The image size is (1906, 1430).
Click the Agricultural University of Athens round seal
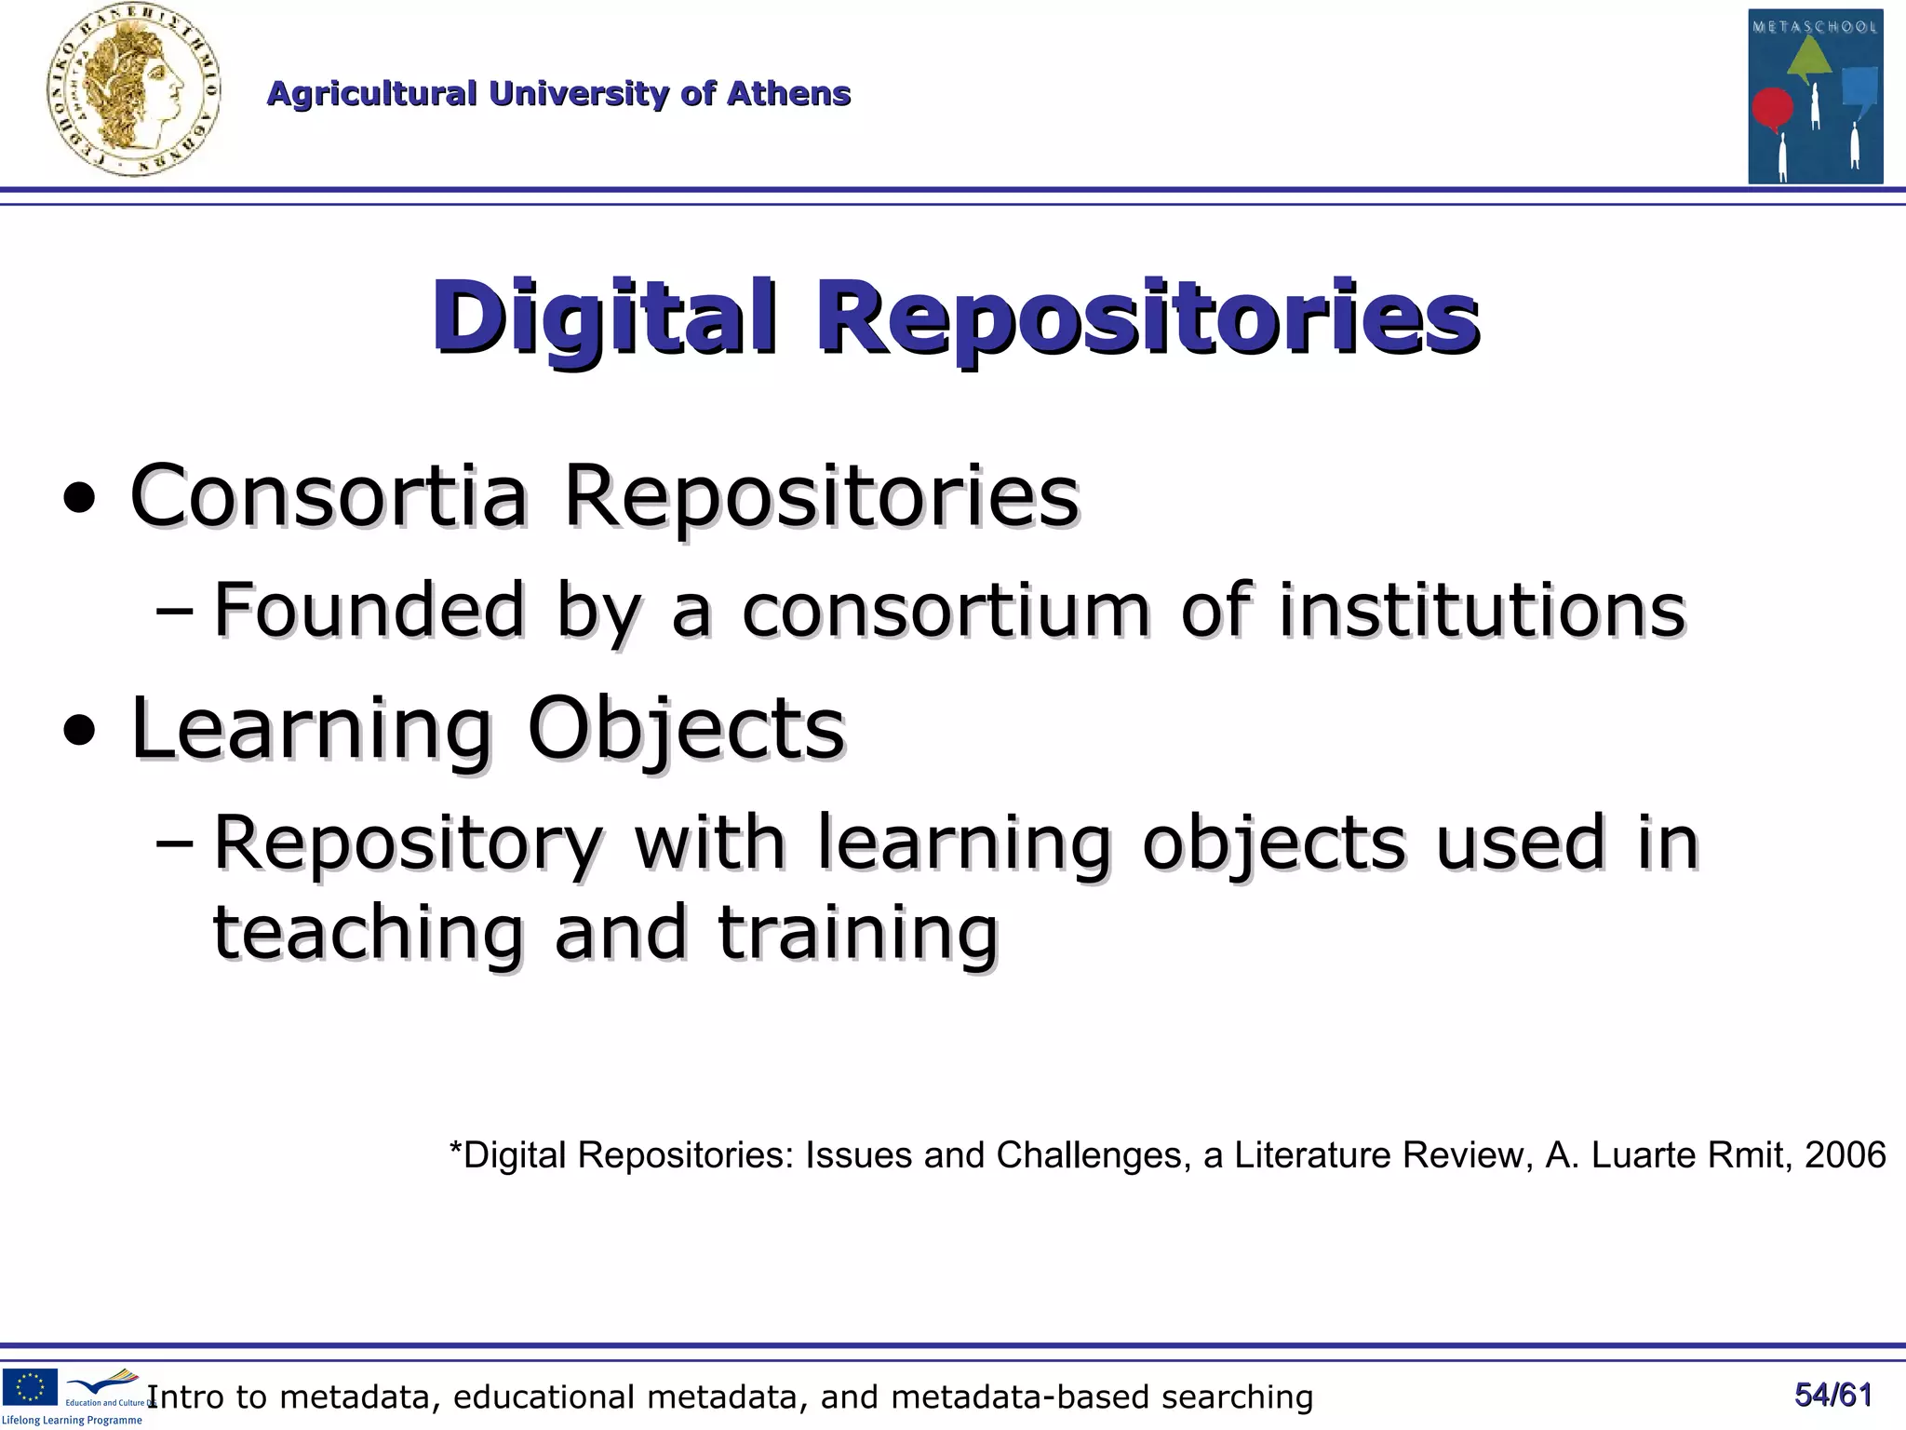[x=134, y=91]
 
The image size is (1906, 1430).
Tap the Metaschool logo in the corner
[x=1815, y=97]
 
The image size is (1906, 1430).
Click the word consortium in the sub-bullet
[x=946, y=610]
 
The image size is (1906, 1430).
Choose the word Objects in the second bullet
[x=686, y=728]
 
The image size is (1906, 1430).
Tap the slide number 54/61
[x=1832, y=1395]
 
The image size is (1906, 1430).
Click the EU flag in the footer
[x=30, y=1386]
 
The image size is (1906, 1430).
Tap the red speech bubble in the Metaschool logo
[x=1772, y=108]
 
